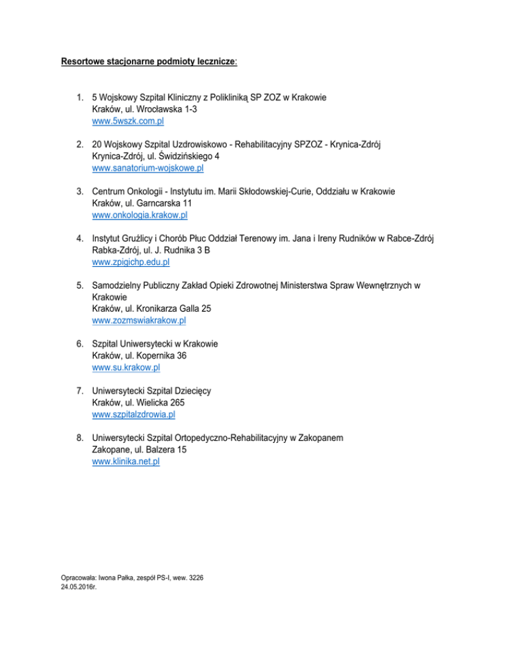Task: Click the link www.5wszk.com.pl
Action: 128,121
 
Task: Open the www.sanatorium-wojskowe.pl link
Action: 147,168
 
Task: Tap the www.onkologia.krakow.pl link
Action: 140,215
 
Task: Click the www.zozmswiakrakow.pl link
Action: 139,320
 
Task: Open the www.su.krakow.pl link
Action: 126,367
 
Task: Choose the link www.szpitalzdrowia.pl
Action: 134,415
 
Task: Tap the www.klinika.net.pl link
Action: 126,462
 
